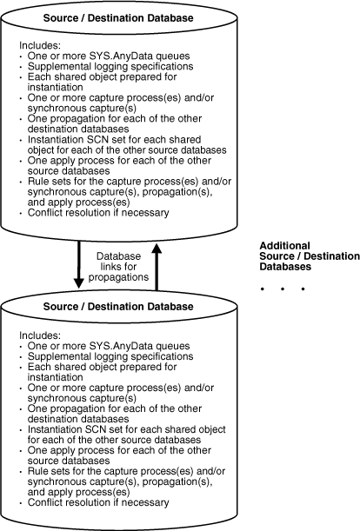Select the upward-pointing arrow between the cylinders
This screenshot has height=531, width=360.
(156, 265)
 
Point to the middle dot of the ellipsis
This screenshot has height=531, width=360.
(283, 288)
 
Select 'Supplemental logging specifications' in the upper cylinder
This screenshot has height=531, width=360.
(98, 68)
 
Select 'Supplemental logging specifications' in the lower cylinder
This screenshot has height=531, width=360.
(98, 357)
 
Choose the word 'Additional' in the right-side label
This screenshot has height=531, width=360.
(286, 245)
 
